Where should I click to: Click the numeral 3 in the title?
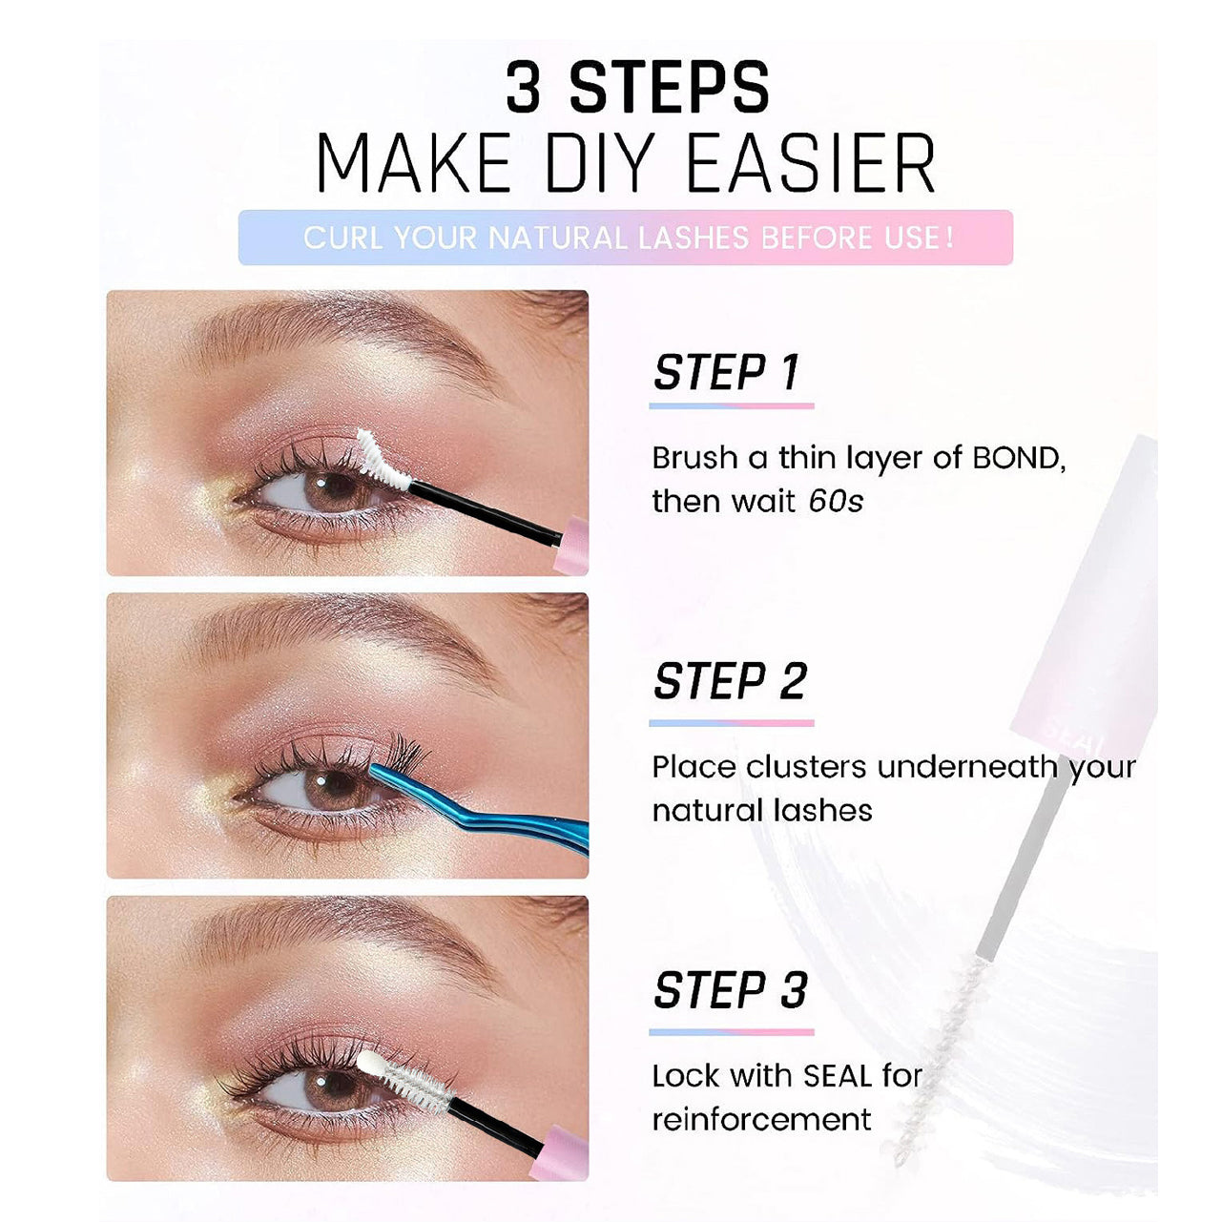[x=524, y=87]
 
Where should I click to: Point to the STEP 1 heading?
[x=727, y=372]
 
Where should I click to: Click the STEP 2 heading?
[x=730, y=681]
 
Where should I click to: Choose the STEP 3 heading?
[x=730, y=990]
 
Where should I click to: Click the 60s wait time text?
[x=836, y=502]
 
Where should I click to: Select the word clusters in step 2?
[x=805, y=767]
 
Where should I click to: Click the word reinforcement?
[x=761, y=1120]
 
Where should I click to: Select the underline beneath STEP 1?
[x=731, y=405]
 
